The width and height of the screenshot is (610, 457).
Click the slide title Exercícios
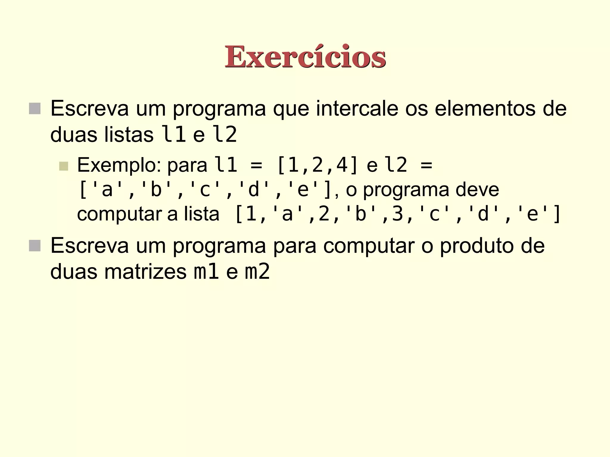305,57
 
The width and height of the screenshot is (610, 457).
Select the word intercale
357,109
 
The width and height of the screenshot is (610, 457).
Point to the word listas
129,135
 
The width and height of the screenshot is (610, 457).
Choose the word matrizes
145,272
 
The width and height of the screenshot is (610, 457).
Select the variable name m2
257,272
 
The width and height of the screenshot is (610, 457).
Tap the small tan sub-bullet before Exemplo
64,166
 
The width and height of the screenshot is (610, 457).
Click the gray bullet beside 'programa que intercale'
35,109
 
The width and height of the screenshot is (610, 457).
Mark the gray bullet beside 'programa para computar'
35,246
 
